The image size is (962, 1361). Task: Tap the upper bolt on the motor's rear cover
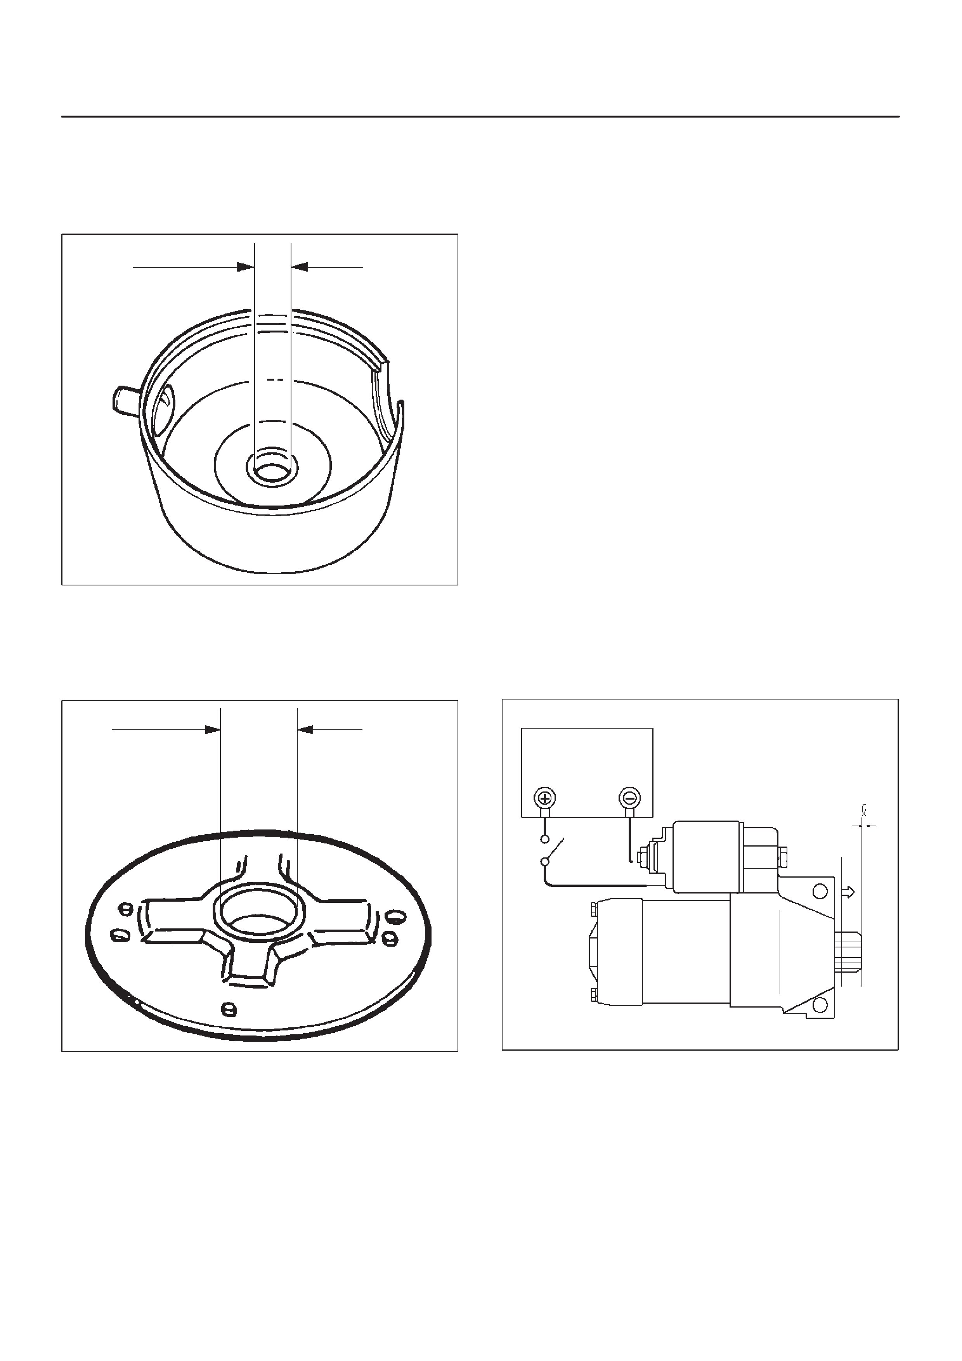click(593, 908)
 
